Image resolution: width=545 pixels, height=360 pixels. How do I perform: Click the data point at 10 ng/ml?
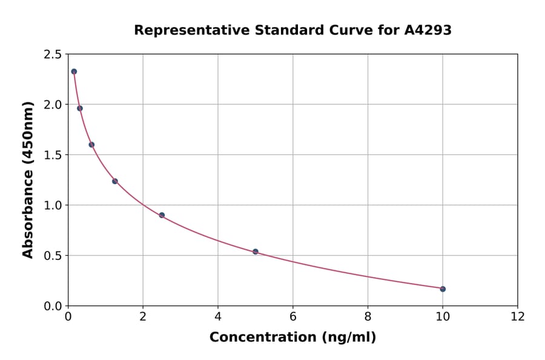[x=443, y=289]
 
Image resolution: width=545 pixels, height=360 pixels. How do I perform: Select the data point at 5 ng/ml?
[x=256, y=252]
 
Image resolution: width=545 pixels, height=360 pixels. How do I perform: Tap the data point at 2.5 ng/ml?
[x=162, y=215]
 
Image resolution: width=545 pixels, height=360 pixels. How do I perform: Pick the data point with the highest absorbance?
[x=74, y=72]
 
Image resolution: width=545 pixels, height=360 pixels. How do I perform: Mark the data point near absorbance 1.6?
[x=91, y=145]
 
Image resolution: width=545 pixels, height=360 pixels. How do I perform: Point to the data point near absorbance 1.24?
[x=115, y=181]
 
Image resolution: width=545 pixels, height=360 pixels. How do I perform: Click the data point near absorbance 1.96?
[x=80, y=108]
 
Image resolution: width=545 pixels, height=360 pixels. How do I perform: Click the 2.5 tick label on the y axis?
[x=53, y=55]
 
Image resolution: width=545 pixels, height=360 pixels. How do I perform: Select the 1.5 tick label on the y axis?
[x=53, y=155]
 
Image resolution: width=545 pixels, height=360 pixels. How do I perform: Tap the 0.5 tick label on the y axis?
[x=53, y=256]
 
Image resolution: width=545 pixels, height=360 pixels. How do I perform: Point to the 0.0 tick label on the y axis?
[x=53, y=306]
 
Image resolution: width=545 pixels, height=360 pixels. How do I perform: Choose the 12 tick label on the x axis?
[x=517, y=316]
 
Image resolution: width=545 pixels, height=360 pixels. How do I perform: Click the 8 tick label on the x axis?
[x=368, y=316]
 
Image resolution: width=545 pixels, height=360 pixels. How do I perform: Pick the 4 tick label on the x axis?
[x=218, y=316]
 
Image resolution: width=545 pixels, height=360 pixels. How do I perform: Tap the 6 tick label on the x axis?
[x=292, y=316]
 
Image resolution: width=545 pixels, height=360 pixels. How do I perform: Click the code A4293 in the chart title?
[x=428, y=30]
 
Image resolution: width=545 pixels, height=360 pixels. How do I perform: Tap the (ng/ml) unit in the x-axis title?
[x=349, y=338]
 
